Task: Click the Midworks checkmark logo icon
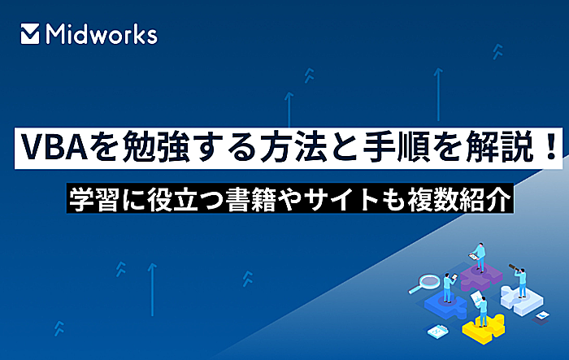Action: (30, 34)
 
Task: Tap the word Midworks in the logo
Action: (102, 34)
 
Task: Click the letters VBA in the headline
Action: (54, 148)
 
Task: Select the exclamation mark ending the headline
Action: (551, 147)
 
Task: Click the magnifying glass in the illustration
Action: (424, 283)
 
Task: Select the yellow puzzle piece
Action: (484, 327)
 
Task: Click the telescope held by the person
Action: (515, 268)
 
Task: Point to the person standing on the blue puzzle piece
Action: (449, 288)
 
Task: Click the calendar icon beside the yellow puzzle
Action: (437, 331)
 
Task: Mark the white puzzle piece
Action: (522, 300)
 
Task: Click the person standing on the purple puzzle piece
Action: (479, 257)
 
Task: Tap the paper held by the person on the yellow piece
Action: (476, 297)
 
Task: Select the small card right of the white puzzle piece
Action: (542, 315)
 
